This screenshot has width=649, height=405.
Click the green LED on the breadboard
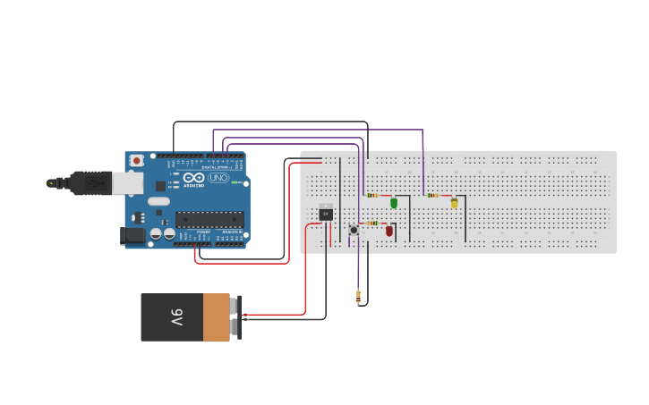click(394, 203)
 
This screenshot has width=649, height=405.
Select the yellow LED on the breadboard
click(454, 203)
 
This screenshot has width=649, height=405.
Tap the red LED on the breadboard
click(389, 231)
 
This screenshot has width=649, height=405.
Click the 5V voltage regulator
click(326, 213)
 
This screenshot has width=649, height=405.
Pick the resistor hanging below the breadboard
click(358, 296)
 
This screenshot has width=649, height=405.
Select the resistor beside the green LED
click(372, 195)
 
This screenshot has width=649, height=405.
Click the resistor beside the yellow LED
click(433, 195)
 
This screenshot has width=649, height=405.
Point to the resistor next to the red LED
click(372, 223)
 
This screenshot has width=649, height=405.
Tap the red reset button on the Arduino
click(137, 161)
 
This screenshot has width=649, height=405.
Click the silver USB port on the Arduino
click(127, 183)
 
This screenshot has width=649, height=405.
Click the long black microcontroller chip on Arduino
click(209, 219)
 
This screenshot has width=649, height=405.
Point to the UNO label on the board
click(218, 178)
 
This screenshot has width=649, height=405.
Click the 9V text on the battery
click(176, 317)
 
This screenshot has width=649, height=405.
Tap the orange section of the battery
click(216, 317)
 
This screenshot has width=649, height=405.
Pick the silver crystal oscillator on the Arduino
click(158, 201)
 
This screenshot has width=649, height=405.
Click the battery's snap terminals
click(236, 316)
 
